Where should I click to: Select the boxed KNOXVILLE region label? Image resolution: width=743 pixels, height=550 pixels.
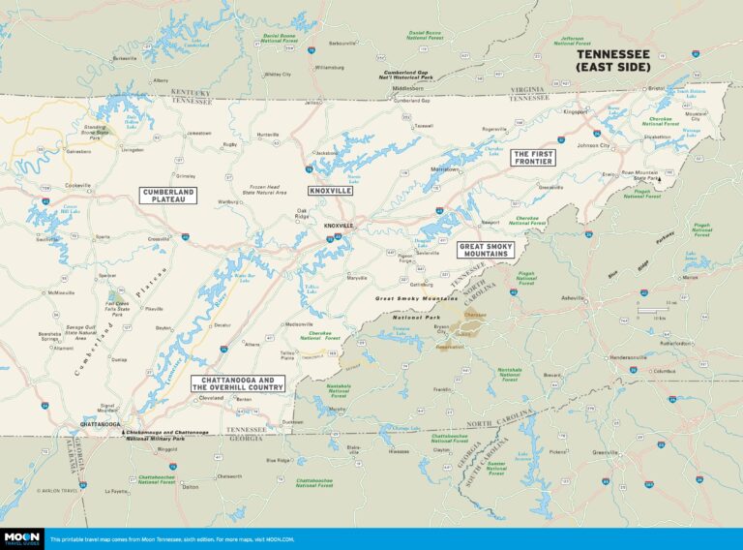point(329,192)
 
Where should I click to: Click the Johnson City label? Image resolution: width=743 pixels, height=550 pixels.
point(593,146)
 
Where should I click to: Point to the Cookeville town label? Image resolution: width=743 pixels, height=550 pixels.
point(77,185)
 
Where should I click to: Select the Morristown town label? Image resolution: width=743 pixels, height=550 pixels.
point(445,168)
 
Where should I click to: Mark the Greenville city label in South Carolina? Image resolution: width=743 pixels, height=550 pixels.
point(606,452)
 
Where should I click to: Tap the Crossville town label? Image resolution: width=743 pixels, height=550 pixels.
point(158,238)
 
